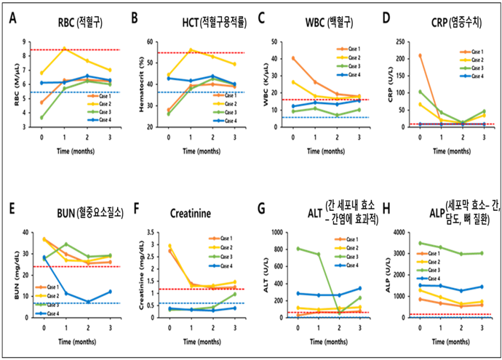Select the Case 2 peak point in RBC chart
click(x=65, y=49)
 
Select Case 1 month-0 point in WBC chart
click(x=293, y=58)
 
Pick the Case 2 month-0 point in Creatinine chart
click(x=170, y=246)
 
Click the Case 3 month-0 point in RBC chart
click(x=42, y=117)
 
